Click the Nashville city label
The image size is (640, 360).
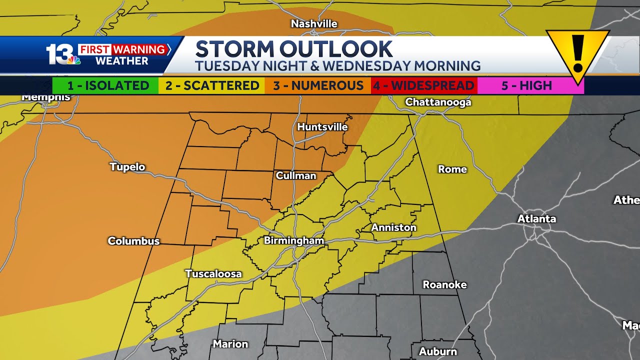click(x=314, y=24)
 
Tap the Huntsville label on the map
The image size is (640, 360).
click(x=322, y=127)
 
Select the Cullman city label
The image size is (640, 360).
click(x=296, y=175)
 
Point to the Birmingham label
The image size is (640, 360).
click(x=294, y=241)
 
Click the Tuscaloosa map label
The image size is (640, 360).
click(x=213, y=274)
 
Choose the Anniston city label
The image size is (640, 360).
click(x=393, y=227)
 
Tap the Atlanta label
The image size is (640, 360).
click(x=536, y=219)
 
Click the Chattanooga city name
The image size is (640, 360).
click(x=438, y=102)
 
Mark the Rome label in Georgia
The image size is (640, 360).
click(x=452, y=169)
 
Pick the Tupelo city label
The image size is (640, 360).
click(x=127, y=167)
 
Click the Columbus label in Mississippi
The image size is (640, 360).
click(x=133, y=241)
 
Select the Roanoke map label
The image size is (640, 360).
click(x=444, y=285)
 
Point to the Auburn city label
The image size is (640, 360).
click(x=438, y=351)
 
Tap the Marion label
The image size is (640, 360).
click(x=230, y=344)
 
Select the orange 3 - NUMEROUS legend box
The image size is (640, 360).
click(x=318, y=85)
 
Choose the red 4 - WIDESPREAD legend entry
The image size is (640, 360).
click(x=424, y=85)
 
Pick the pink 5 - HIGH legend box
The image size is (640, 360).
click(x=526, y=85)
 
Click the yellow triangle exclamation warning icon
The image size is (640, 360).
click(x=577, y=52)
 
